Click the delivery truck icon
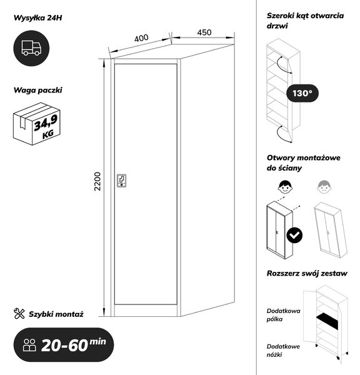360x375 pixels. [x=31, y=48]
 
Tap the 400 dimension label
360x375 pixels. [x=141, y=38]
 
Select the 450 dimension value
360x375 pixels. [x=204, y=32]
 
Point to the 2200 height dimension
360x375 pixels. [x=97, y=181]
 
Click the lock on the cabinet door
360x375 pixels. [x=121, y=181]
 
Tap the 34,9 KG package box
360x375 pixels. [x=37, y=124]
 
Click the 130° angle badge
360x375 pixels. [x=302, y=93]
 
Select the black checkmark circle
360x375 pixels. [x=294, y=236]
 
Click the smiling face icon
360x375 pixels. [x=285, y=187]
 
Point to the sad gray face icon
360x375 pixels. [x=324, y=187]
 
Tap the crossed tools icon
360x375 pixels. [x=19, y=314]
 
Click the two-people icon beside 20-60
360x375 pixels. [x=29, y=345]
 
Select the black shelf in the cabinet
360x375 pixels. [x=327, y=321]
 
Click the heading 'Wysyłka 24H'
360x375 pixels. [x=37, y=17]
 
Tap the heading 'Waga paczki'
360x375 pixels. [x=37, y=90]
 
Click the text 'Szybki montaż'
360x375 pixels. [x=56, y=314]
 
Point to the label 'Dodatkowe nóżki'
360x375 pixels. [x=283, y=351]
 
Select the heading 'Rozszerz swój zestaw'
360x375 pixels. [x=307, y=273]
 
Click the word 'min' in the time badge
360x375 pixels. [x=98, y=341]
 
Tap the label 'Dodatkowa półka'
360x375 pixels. [x=284, y=315]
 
